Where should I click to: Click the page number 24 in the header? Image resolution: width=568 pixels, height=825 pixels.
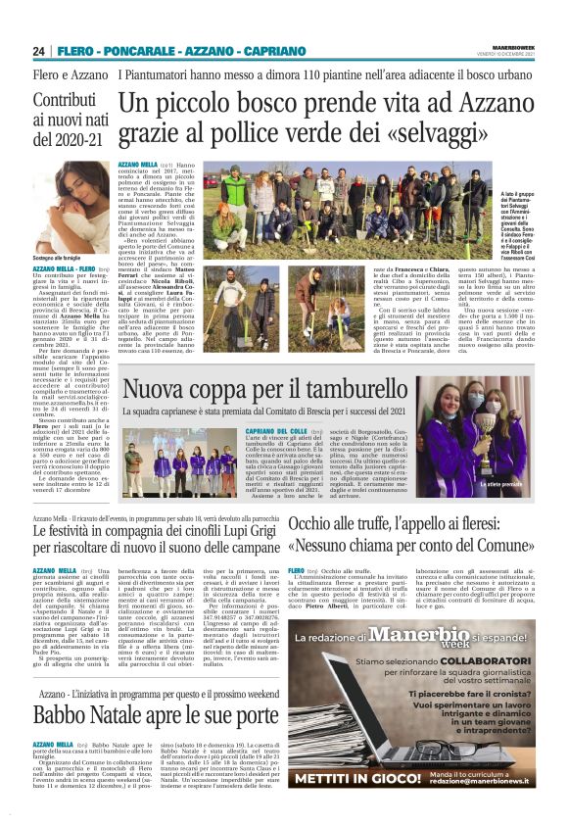39,51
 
